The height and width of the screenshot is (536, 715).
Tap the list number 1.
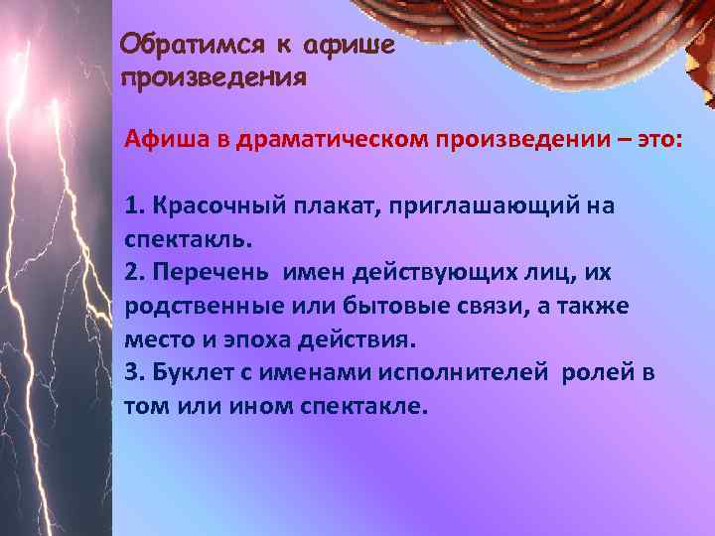coord(133,206)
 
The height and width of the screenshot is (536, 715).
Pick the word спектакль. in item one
coord(189,239)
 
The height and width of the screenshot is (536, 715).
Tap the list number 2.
coord(133,273)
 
